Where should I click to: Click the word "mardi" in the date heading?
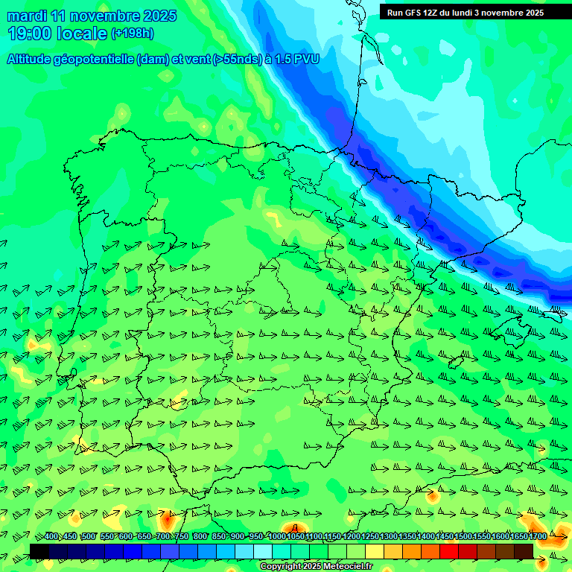(26, 15)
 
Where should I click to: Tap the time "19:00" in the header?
(31, 34)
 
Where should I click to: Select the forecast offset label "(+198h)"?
(132, 33)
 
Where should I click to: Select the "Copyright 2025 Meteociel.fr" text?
(316, 566)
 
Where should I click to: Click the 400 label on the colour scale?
(51, 537)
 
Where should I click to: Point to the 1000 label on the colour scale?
(276, 537)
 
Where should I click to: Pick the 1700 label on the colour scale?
(538, 537)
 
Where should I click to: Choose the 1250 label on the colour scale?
(370, 537)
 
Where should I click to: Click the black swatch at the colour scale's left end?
(39, 550)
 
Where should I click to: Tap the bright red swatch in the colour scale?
(449, 550)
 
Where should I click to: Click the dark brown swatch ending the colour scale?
(524, 550)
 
